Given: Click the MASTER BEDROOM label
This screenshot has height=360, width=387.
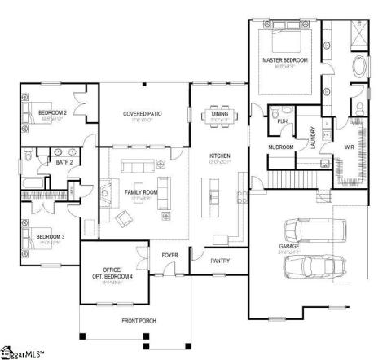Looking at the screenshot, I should (284, 61).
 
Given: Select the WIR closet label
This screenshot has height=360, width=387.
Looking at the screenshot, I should (349, 147).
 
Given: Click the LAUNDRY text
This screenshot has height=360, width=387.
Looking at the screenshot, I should (313, 137).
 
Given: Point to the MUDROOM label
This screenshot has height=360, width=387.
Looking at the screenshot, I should (281, 147).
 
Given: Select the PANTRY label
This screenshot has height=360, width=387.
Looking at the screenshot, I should (219, 261).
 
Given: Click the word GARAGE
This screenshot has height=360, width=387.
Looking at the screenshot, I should (290, 245).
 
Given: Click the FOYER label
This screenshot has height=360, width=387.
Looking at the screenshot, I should (169, 255).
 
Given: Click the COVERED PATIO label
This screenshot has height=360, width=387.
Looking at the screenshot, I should (142, 114).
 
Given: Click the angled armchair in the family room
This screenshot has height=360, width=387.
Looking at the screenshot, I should (125, 218).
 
